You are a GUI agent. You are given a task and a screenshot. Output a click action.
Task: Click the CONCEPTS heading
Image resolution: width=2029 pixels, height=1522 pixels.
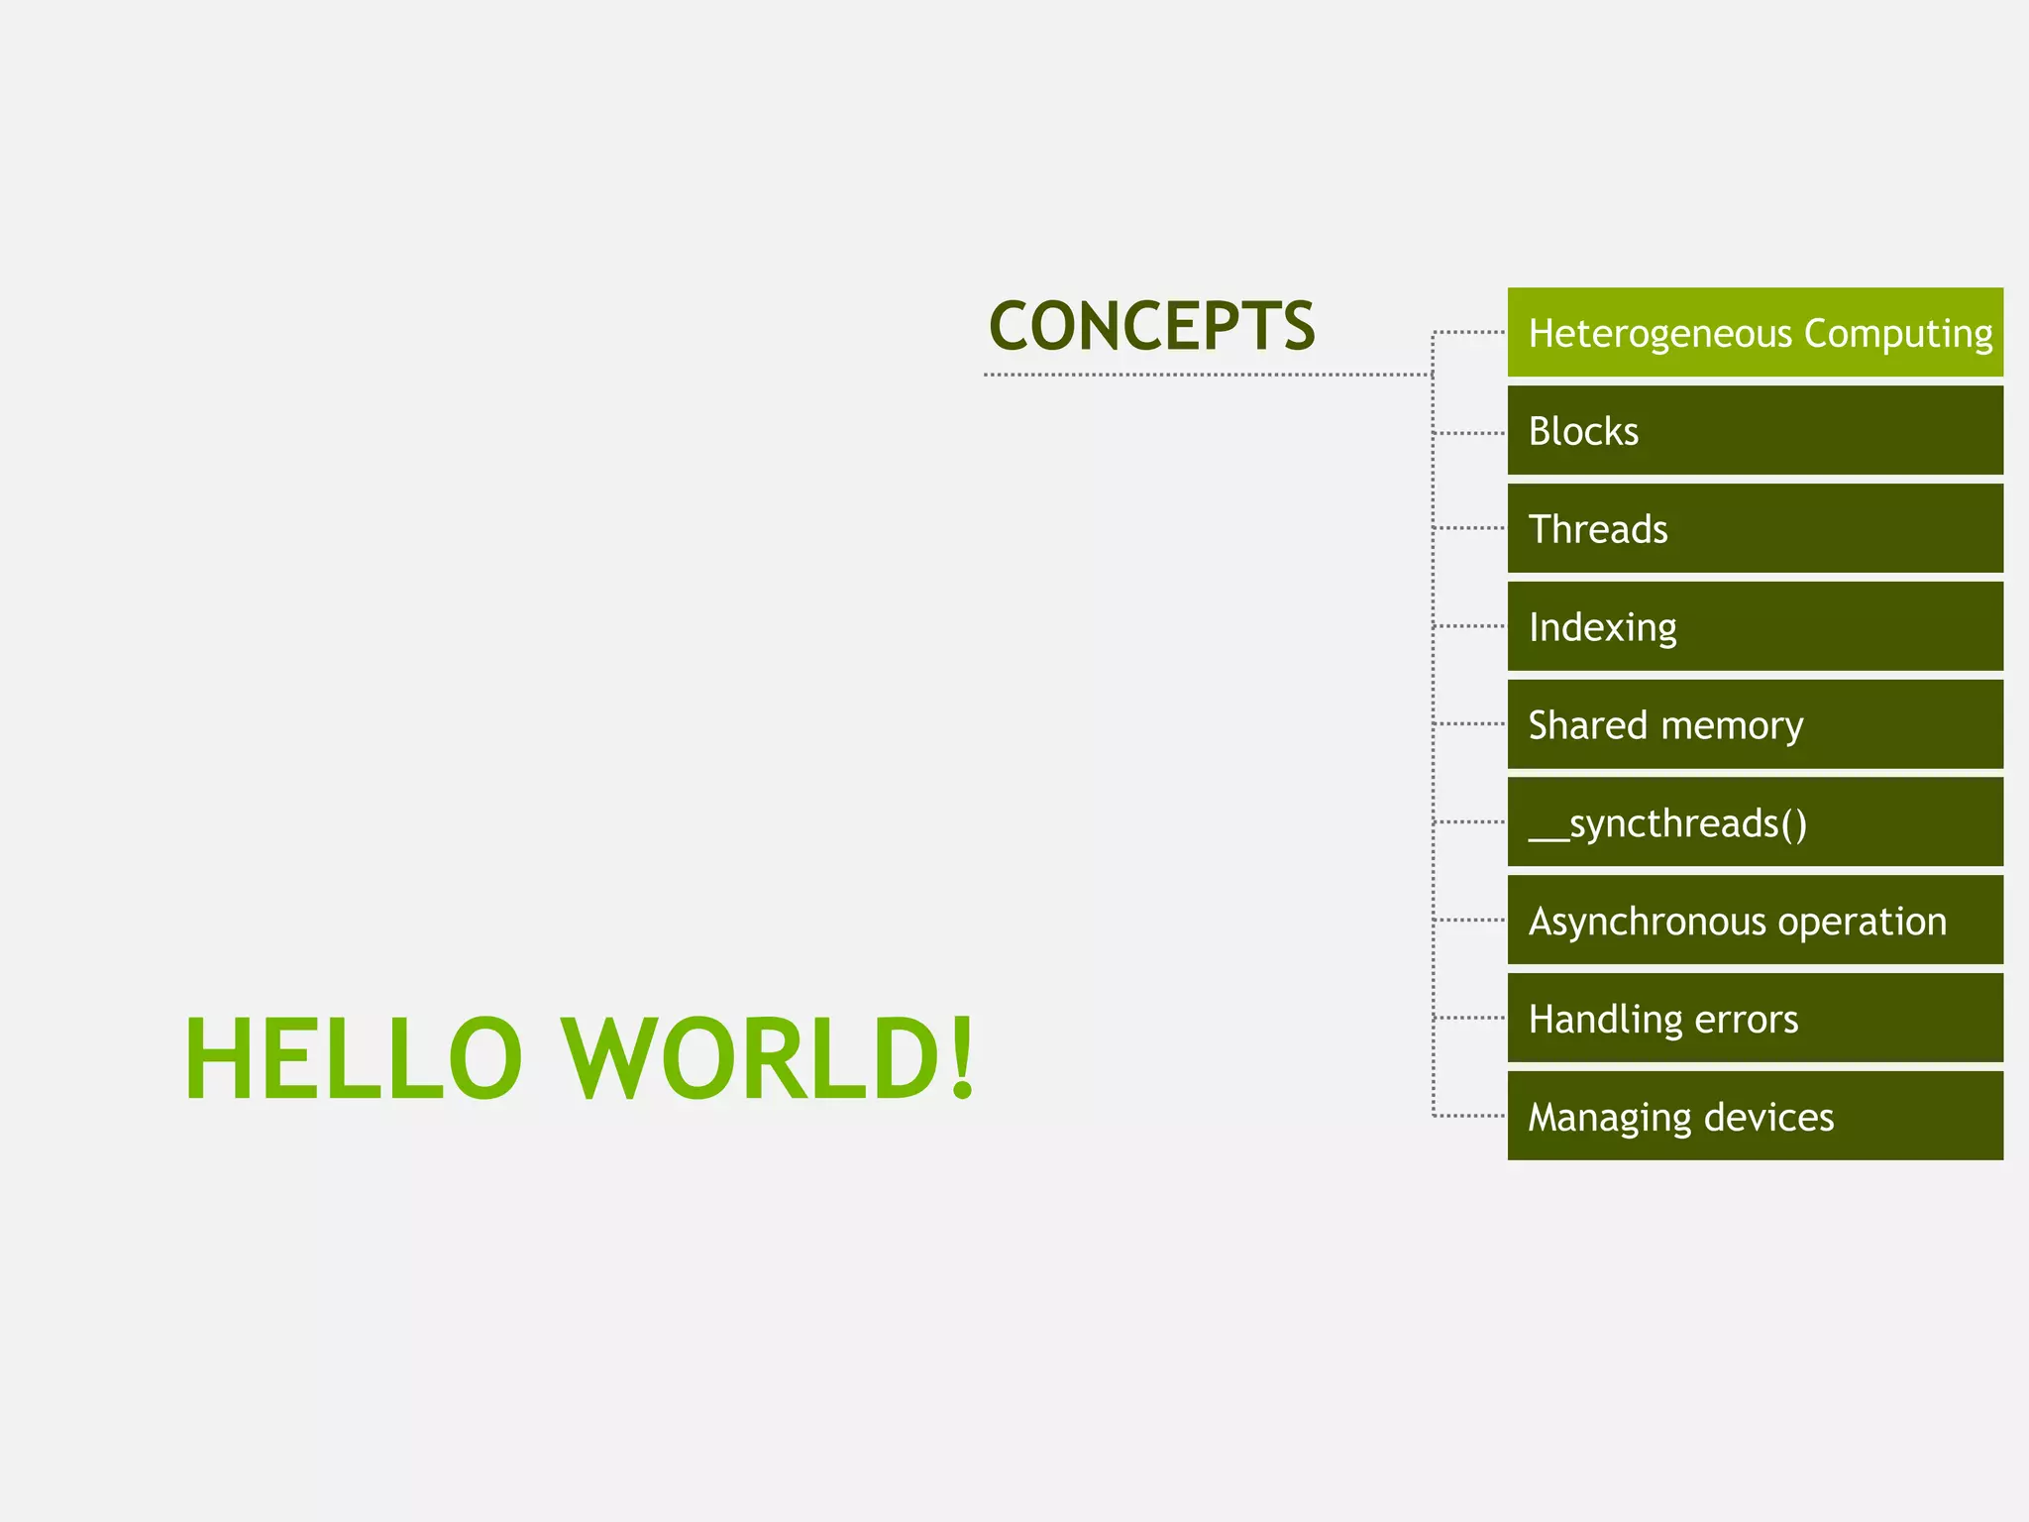1151,326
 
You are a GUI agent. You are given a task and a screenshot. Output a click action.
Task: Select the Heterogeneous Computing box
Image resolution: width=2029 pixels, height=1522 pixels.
1755,333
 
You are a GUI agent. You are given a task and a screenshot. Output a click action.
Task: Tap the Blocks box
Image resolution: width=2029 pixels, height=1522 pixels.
1755,431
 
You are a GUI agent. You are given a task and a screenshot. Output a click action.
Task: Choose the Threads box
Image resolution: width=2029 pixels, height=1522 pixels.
1755,529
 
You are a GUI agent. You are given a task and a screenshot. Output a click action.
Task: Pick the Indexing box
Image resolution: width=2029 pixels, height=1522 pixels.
1755,626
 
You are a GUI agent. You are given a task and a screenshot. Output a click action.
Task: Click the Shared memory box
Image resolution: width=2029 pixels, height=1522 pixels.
1755,724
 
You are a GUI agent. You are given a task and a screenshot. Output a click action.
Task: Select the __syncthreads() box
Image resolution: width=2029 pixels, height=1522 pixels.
1755,822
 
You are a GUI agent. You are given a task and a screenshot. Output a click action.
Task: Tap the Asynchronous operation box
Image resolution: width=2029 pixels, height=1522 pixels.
1755,921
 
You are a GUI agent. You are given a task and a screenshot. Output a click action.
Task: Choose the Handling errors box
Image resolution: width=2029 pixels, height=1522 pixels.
1755,1019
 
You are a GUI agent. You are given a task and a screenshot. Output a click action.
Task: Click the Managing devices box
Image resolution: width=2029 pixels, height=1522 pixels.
1755,1117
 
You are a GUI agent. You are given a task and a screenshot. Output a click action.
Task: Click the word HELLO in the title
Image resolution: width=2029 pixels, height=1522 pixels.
354,1058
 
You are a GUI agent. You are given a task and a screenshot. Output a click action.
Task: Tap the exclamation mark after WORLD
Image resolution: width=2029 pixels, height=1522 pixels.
961,1058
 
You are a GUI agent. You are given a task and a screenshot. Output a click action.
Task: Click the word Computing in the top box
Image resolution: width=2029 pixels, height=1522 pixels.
1898,334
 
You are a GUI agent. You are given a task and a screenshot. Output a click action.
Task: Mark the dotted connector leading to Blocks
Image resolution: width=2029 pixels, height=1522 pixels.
1470,433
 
